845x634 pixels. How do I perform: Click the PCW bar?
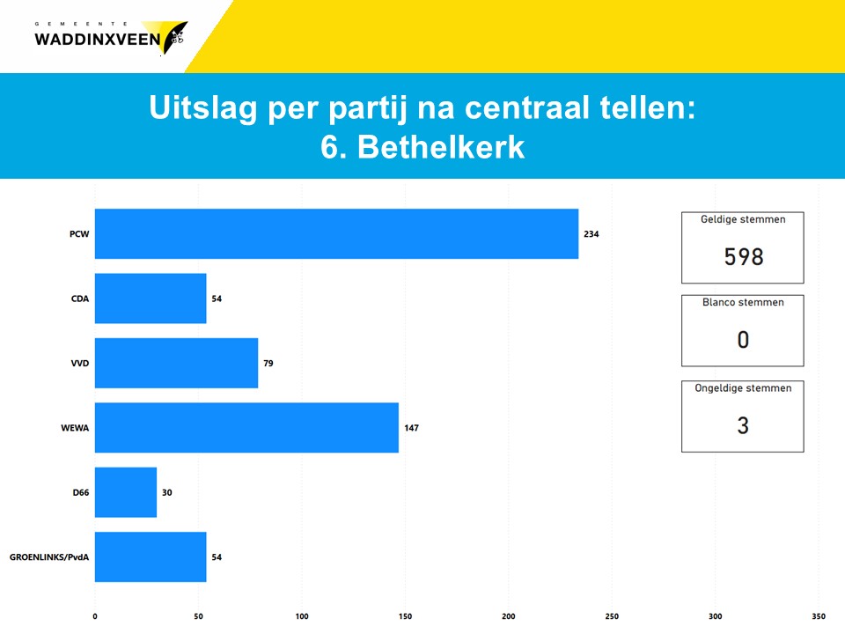(x=336, y=233)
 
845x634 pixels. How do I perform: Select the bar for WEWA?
(x=246, y=428)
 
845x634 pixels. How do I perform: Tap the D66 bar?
(x=126, y=492)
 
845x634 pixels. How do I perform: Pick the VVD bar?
(x=176, y=363)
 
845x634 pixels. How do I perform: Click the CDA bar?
(x=151, y=299)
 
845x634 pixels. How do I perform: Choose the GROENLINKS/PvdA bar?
(x=151, y=557)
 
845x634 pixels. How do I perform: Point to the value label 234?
(x=591, y=234)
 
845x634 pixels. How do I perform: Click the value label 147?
(x=411, y=428)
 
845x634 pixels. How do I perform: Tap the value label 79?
(x=268, y=363)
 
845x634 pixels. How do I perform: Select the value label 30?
(x=167, y=492)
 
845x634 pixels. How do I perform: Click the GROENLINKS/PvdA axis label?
(x=49, y=557)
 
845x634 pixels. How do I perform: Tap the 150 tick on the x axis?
(x=405, y=616)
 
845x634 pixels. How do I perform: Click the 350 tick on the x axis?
(x=819, y=616)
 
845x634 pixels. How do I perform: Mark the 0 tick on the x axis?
(x=95, y=616)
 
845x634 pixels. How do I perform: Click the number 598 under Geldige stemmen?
(x=743, y=256)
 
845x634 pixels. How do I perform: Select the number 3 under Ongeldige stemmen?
(x=743, y=426)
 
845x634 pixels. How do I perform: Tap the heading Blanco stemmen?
(x=743, y=302)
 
